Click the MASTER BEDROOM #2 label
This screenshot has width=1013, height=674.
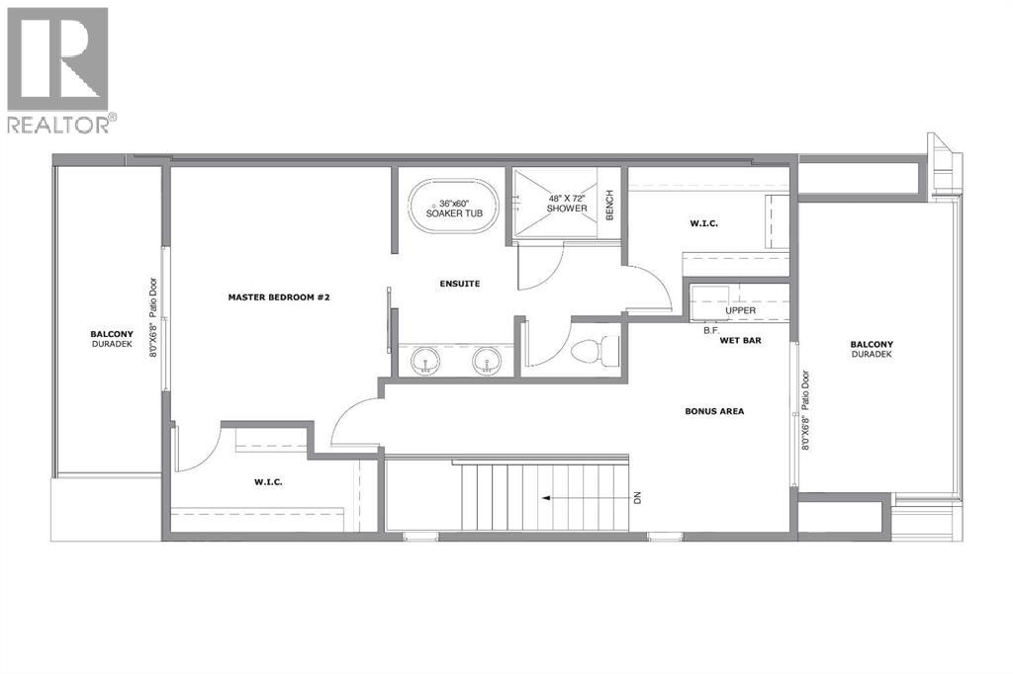(277, 296)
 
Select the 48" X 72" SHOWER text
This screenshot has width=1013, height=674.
(567, 203)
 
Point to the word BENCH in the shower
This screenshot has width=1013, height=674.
(610, 205)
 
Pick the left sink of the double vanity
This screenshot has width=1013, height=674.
(428, 359)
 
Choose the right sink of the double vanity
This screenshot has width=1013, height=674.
(487, 359)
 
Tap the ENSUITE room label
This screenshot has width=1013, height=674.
(460, 285)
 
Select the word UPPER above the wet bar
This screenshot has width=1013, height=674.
(741, 310)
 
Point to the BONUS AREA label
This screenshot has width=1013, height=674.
(714, 411)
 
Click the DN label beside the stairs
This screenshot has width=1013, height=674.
(638, 498)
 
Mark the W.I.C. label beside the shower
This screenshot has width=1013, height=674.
(703, 224)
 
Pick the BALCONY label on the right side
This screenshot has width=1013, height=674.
(871, 345)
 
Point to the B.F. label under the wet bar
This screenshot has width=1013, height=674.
(710, 330)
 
